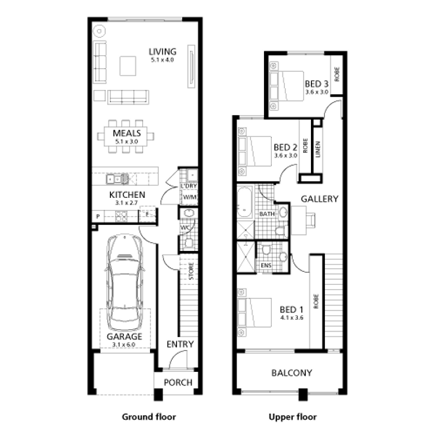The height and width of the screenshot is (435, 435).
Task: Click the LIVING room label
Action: (162, 51)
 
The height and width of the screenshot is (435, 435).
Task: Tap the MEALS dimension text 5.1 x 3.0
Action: (126, 141)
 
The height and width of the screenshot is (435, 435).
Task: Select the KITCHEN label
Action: (127, 195)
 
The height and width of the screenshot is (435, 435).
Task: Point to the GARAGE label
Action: (124, 336)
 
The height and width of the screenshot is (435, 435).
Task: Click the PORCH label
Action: (178, 383)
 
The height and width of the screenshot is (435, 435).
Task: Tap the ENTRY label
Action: (180, 344)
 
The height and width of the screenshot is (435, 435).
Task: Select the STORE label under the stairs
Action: (191, 271)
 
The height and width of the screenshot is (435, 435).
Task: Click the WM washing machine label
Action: (190, 197)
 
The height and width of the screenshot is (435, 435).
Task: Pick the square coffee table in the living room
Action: (128, 66)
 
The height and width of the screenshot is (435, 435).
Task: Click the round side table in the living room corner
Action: (99, 31)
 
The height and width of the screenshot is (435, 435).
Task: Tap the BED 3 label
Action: (317, 84)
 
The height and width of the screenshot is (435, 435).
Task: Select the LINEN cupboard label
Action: (318, 149)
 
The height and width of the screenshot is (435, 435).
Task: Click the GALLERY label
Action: (320, 199)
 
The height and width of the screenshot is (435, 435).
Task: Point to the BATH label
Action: (267, 214)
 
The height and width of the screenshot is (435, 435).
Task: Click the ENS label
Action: (266, 265)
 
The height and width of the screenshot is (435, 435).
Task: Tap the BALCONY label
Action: (291, 373)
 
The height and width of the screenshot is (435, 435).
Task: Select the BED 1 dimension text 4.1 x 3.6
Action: (291, 318)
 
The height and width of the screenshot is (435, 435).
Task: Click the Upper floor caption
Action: (292, 417)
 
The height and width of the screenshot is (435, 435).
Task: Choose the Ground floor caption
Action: (149, 417)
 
